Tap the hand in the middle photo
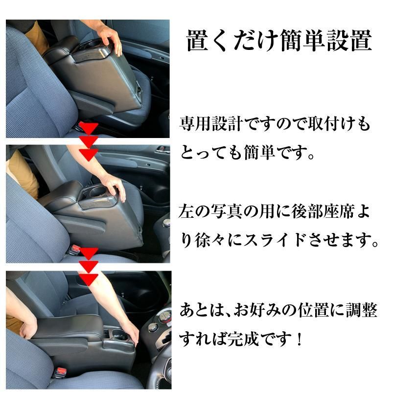[115, 188]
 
